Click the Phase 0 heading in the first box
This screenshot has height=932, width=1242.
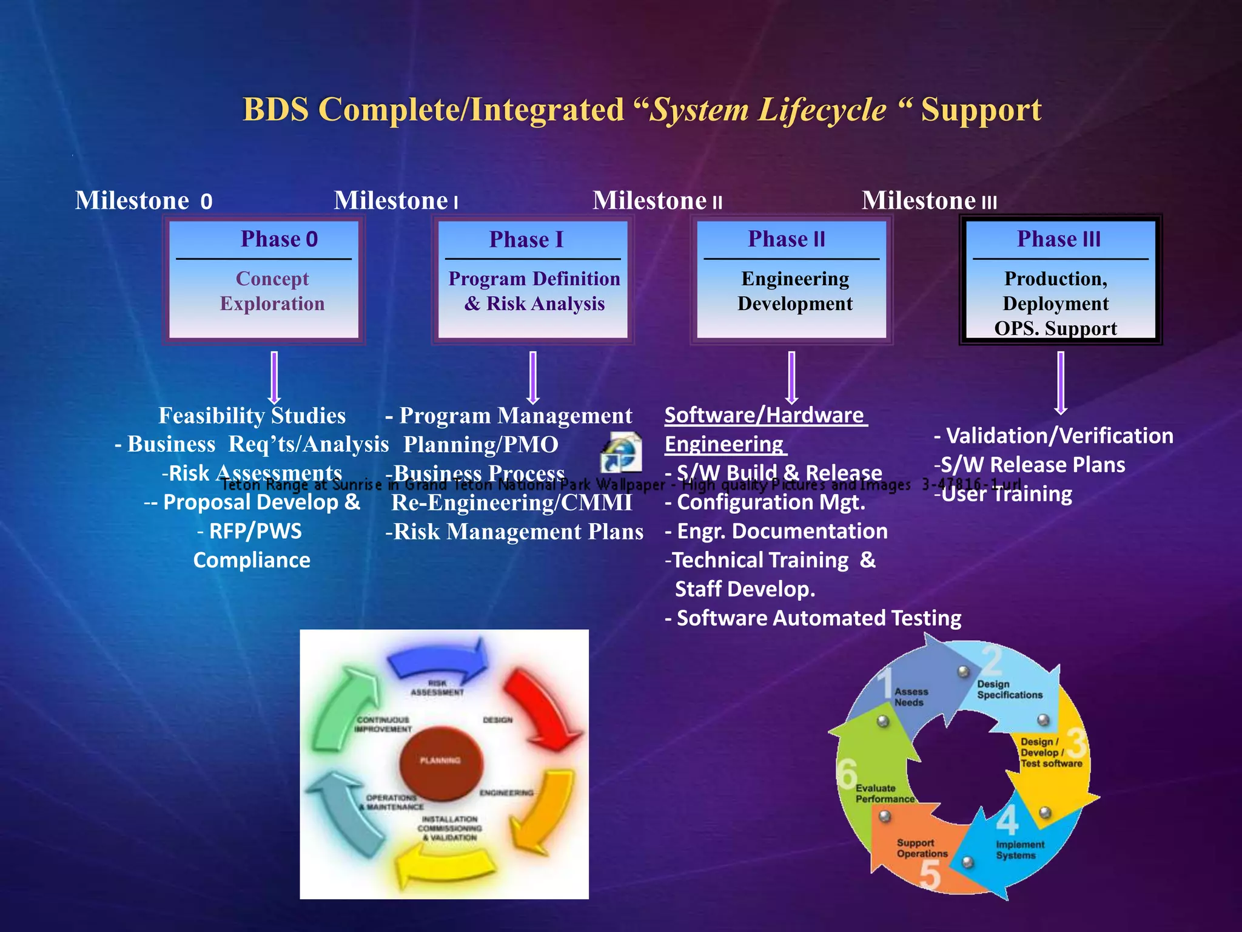(x=279, y=239)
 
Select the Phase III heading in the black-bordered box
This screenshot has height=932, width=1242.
(x=1058, y=239)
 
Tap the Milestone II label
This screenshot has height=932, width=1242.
(x=657, y=201)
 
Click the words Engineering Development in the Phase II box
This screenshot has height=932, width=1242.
(x=794, y=291)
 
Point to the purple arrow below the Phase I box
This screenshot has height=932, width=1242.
(x=533, y=377)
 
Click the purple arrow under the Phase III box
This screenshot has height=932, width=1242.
(x=1060, y=383)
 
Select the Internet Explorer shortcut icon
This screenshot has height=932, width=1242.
(x=622, y=452)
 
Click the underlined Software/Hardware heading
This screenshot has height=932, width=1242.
(x=765, y=416)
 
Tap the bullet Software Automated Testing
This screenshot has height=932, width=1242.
(x=813, y=618)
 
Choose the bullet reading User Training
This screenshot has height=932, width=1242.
(x=1004, y=495)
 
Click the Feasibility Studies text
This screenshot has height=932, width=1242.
(x=252, y=416)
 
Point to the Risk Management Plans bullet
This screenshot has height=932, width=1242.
(x=514, y=532)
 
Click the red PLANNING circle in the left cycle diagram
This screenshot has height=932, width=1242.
(x=440, y=760)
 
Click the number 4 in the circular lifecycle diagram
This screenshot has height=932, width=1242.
(x=1007, y=820)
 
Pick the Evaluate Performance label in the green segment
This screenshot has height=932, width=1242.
(x=884, y=794)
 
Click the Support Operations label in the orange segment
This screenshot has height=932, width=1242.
(x=921, y=848)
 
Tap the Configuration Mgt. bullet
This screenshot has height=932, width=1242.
(x=765, y=503)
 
